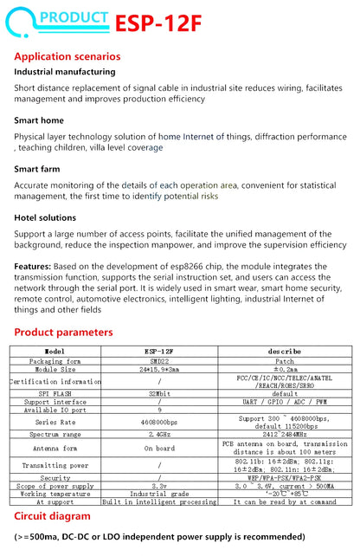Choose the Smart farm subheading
tap(38, 170)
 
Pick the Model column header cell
tap(55, 351)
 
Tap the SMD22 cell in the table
tap(159, 360)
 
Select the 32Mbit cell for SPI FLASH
tap(159, 393)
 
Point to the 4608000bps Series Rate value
tap(159, 421)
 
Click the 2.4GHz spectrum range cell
tap(159, 434)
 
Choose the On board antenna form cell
tap(159, 449)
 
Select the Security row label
tap(55, 477)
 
